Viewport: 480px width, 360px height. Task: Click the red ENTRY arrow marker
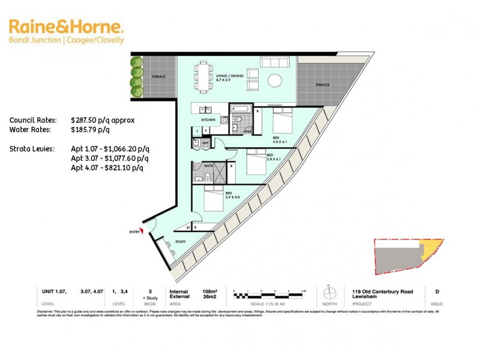tap(142, 233)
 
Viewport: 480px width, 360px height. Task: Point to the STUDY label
tap(180, 242)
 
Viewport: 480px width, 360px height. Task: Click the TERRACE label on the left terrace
tap(158, 77)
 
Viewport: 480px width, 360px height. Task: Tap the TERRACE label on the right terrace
tap(322, 85)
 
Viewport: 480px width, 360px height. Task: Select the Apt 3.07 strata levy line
tap(109, 158)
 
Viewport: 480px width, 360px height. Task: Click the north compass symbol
tap(329, 294)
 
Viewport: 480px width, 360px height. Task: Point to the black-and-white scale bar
tap(270, 295)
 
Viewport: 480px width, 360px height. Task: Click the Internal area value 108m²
tap(210, 291)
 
